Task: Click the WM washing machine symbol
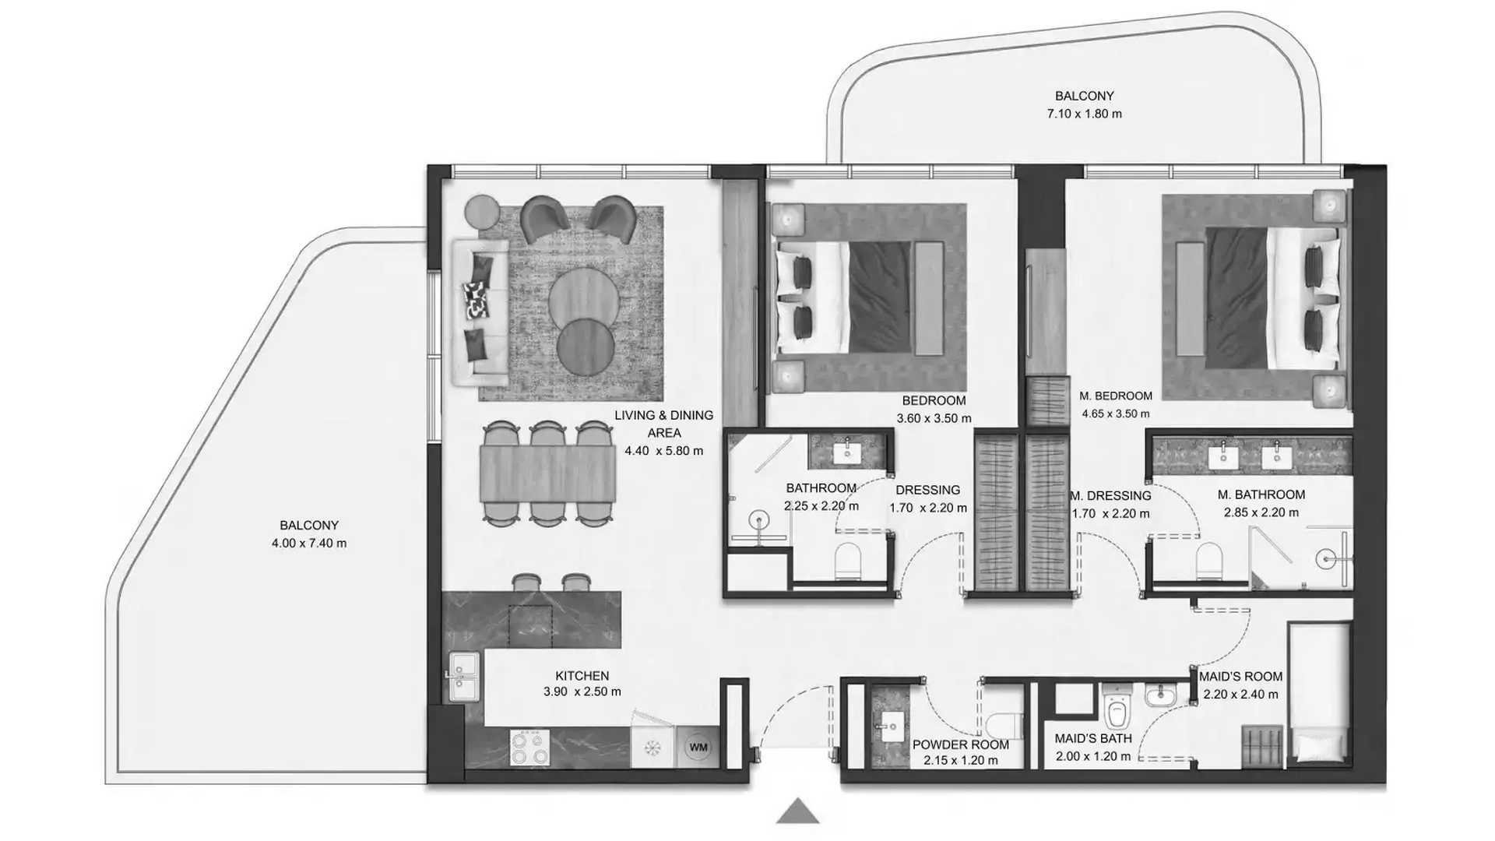pyautogui.click(x=698, y=748)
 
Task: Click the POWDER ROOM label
pyautogui.click(x=960, y=744)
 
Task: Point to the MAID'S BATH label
pyautogui.click(x=1093, y=738)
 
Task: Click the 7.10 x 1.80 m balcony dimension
pyautogui.click(x=1084, y=114)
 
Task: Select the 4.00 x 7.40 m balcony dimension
pyautogui.click(x=309, y=543)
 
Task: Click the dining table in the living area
pyautogui.click(x=547, y=473)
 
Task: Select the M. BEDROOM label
pyautogui.click(x=1116, y=396)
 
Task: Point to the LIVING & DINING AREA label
pyautogui.click(x=664, y=424)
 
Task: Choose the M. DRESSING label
pyautogui.click(x=1110, y=495)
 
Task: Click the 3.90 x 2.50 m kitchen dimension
pyautogui.click(x=582, y=691)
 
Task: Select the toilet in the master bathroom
pyautogui.click(x=1208, y=561)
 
